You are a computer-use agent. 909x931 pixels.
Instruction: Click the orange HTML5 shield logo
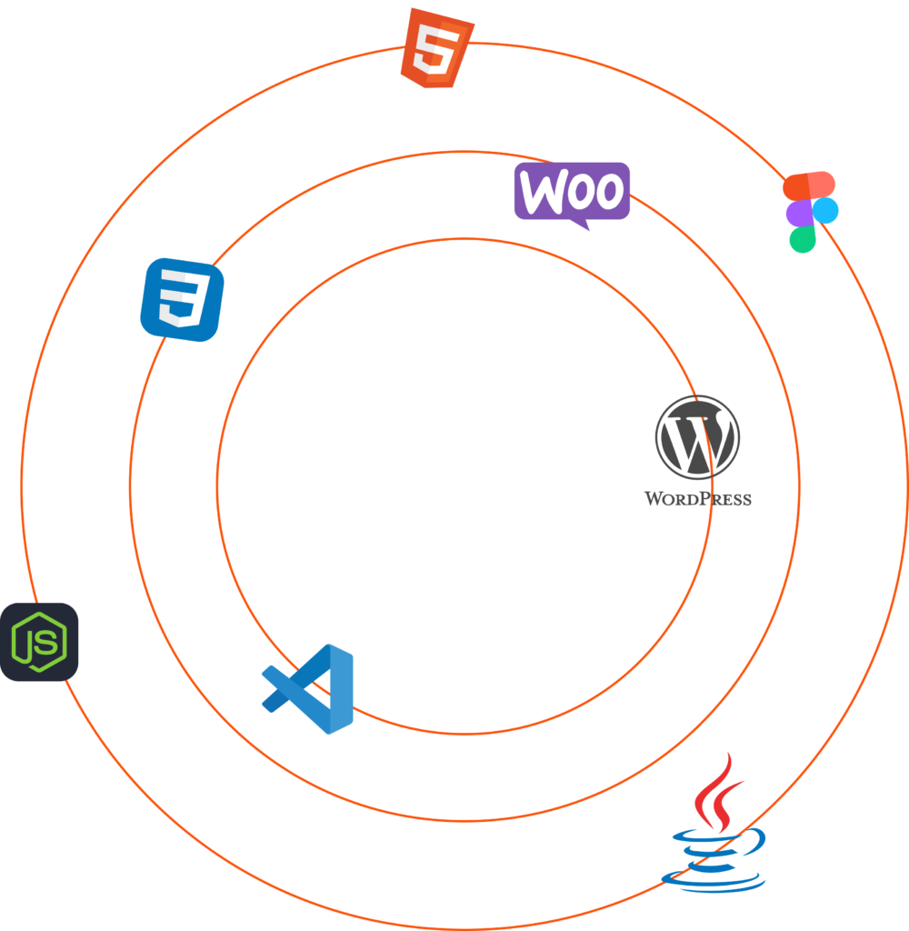tap(437, 47)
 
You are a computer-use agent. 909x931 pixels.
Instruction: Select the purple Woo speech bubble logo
tap(572, 192)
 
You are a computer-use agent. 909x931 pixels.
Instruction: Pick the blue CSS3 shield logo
tap(182, 300)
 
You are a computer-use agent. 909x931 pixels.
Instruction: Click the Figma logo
tap(810, 211)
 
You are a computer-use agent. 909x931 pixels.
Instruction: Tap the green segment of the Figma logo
tap(802, 239)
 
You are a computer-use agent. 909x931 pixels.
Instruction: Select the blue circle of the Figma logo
tap(824, 211)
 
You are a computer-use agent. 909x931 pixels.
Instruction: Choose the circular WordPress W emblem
tap(697, 437)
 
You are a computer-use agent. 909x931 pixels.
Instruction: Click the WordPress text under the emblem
tap(697, 498)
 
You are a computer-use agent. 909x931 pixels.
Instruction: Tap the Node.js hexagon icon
tap(39, 642)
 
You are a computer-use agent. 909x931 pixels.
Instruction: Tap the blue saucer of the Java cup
tap(714, 879)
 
